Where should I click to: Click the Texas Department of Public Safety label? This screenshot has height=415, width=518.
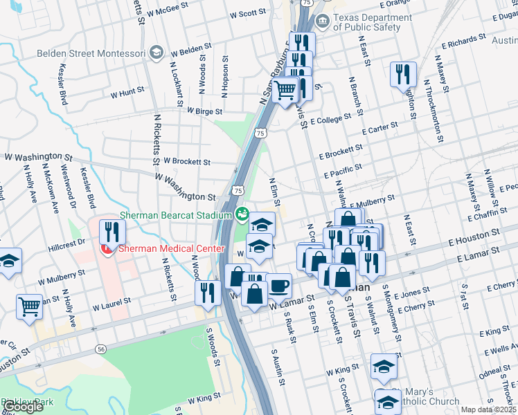(366, 22)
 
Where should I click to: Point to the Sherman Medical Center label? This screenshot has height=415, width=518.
(171, 249)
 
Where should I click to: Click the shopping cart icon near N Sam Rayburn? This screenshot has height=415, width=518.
(285, 90)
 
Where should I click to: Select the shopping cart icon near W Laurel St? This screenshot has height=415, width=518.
(29, 306)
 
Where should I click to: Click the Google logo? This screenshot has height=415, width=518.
(24, 407)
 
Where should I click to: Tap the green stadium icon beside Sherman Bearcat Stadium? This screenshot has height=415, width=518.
(242, 213)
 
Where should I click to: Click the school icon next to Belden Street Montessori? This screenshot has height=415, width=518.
(157, 53)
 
